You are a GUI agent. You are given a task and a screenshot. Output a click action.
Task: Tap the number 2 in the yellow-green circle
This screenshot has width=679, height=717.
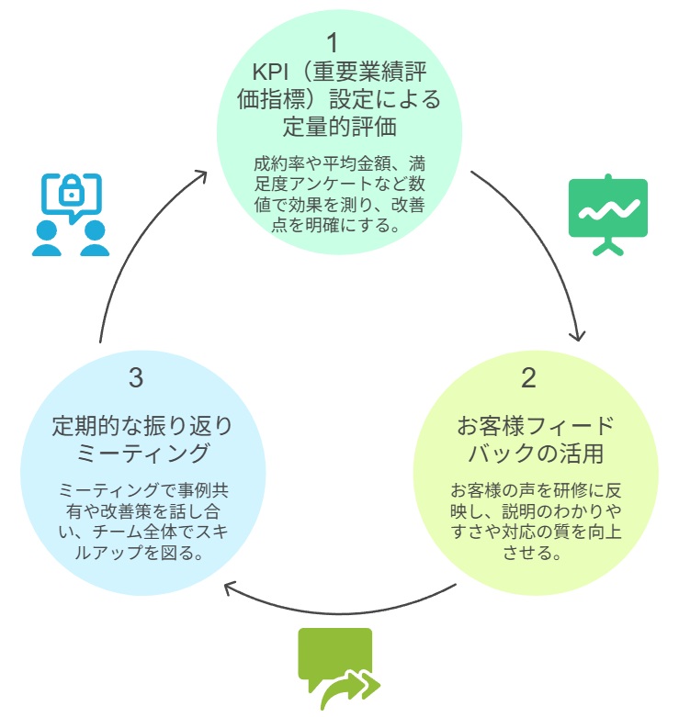click(528, 377)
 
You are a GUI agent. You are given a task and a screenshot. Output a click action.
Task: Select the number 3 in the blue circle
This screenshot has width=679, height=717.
click(137, 377)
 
